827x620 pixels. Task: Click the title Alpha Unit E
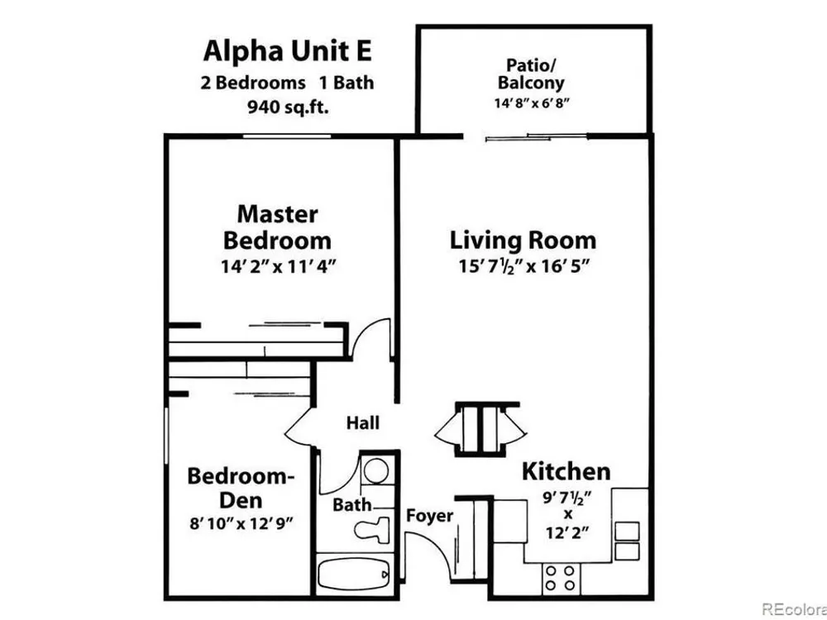288,51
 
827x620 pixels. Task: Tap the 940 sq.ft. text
288,107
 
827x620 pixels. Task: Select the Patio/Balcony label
531,74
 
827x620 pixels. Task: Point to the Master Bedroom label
277,228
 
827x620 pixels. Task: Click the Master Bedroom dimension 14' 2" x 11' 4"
279,267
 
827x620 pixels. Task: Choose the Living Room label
523,241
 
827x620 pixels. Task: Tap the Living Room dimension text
523,267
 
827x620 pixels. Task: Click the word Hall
363,422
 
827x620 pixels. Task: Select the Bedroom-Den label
241,487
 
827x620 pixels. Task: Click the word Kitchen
566,471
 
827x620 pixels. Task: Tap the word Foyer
429,516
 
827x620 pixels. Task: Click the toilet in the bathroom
371,529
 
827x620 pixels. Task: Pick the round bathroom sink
375,470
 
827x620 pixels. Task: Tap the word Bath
351,504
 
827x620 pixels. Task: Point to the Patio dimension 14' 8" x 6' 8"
531,103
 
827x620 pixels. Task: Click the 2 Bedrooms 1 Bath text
288,83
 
